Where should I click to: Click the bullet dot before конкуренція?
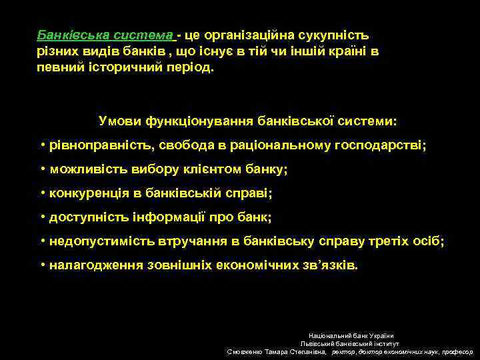pyautogui.click(x=42, y=193)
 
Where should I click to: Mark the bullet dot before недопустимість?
pyautogui.click(x=42, y=241)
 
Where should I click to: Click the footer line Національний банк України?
pyautogui.click(x=351, y=335)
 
